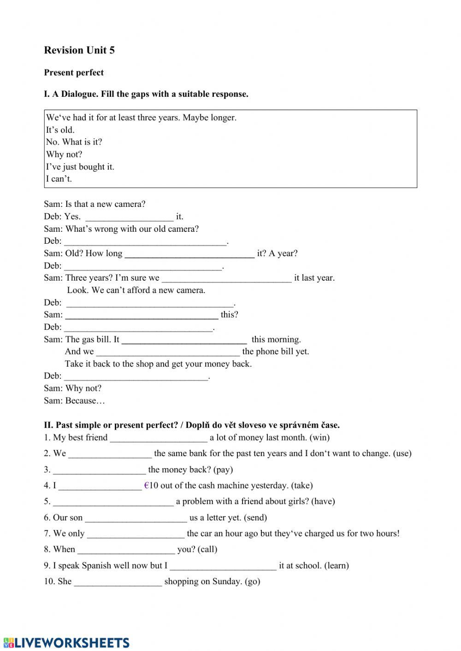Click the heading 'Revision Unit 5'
(79, 50)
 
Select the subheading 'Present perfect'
(74, 72)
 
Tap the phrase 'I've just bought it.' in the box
(80, 167)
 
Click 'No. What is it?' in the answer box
(74, 142)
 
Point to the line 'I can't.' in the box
(59, 179)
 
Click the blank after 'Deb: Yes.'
(130, 217)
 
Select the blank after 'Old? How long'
(189, 253)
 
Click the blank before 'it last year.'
(227, 278)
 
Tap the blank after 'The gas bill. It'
(184, 340)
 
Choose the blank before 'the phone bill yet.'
(168, 352)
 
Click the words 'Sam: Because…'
(74, 401)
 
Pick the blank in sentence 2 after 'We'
(110, 454)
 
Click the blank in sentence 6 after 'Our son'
(136, 518)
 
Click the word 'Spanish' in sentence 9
(97, 566)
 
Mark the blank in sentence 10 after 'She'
(118, 582)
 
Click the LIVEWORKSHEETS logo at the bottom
(66, 643)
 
